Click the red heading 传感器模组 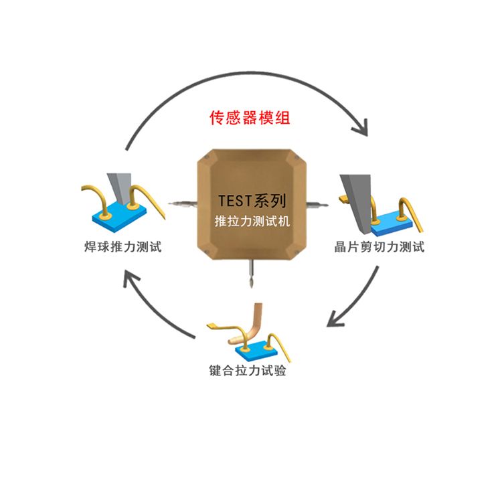click(x=250, y=118)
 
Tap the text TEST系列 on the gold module click(x=252, y=200)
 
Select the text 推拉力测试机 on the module click(x=251, y=221)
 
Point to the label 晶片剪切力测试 click(x=380, y=247)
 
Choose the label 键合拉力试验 click(x=248, y=370)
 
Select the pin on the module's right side click(x=317, y=202)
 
